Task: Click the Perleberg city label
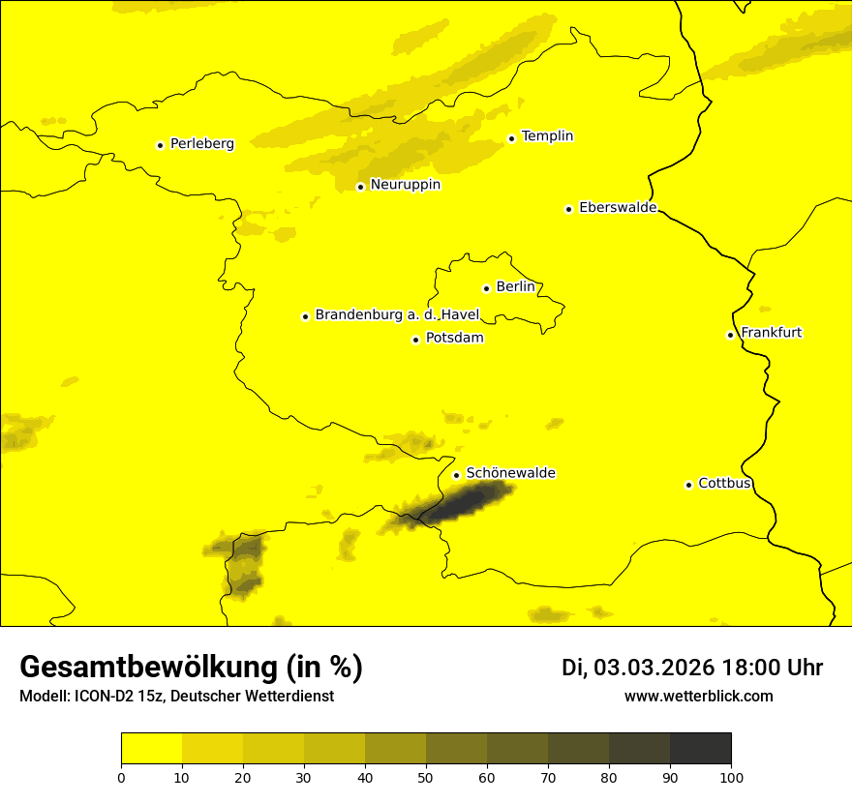coord(201,144)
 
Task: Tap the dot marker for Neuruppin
coord(360,186)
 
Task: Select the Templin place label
coord(547,136)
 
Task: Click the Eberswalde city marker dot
coord(568,209)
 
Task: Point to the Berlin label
coord(516,287)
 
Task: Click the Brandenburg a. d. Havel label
coord(397,315)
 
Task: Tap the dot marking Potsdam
coord(415,340)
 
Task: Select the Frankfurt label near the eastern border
coord(771,333)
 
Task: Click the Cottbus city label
coord(724,484)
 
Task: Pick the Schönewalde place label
coord(510,473)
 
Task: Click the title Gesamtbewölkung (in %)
coord(191,668)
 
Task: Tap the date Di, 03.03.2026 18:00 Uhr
coord(691,668)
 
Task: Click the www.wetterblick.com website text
coord(698,696)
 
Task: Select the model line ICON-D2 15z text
coord(176,696)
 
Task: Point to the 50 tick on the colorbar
coord(426,776)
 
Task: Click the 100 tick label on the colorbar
coord(731,776)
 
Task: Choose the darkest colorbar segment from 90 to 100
coord(700,749)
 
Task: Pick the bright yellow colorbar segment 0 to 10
coord(151,749)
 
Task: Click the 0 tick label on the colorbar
coord(121,776)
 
